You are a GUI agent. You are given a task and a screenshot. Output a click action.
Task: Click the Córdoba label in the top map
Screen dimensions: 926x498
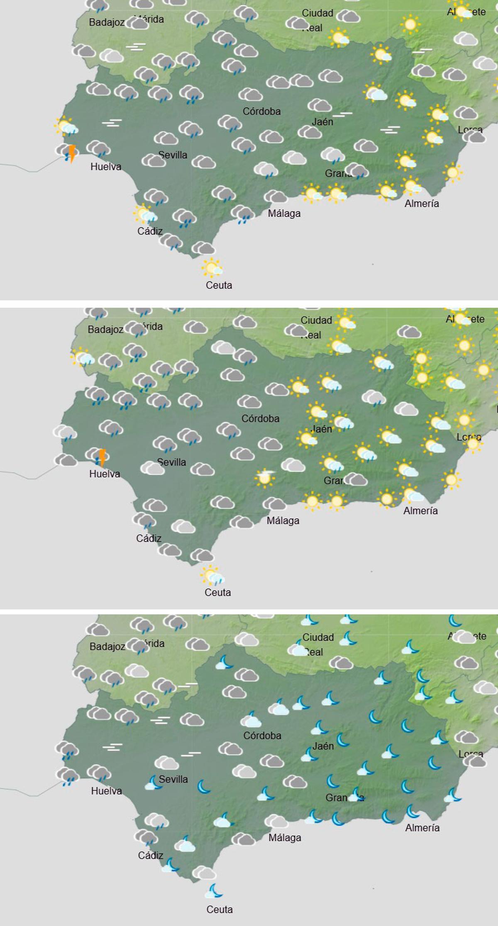pos(261,111)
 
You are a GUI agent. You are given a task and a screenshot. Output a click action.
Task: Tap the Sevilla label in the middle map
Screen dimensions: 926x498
pos(171,462)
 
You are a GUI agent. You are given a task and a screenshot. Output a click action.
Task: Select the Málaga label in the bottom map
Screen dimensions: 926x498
pos(285,838)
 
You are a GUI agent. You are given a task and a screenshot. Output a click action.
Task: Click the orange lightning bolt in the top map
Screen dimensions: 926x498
pos(72,153)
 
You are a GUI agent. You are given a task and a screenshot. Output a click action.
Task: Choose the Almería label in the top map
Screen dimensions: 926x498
pos(422,204)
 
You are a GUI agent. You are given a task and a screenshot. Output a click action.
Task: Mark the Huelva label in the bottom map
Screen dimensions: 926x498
pos(107,791)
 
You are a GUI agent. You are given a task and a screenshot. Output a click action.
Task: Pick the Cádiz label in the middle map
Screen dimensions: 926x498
pos(149,538)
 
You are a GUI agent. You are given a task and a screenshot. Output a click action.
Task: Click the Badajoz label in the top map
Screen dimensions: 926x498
pos(107,23)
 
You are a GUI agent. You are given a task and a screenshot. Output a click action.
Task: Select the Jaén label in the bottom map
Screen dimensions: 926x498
pos(323,746)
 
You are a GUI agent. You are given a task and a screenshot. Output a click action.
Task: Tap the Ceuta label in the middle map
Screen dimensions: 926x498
pos(217,593)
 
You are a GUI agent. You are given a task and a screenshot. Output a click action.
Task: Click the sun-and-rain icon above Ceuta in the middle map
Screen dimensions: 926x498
pos(212,576)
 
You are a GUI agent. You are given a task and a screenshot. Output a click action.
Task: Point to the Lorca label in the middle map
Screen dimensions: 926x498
pos(469,437)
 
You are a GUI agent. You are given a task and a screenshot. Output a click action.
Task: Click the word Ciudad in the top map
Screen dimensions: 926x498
pos(317,13)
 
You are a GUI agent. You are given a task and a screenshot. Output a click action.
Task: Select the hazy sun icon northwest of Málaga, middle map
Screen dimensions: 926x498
pos(264,477)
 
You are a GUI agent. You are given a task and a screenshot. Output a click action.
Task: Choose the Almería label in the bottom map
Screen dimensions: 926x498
pos(422,828)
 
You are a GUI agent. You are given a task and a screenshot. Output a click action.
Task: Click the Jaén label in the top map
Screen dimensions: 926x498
pos(322,122)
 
